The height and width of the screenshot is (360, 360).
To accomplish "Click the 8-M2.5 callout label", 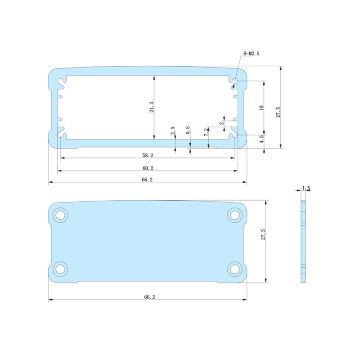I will [x=252, y=54].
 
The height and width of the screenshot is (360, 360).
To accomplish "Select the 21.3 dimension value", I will [x=152, y=107].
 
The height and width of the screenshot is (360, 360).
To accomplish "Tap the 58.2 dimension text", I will [x=148, y=155].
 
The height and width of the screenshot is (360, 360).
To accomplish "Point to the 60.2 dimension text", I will [x=148, y=168].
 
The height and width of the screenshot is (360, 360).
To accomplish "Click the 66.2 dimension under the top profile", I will [x=148, y=180].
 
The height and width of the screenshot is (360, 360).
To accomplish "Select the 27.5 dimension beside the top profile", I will [x=278, y=112].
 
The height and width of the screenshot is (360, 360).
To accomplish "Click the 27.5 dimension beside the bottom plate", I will [x=264, y=236].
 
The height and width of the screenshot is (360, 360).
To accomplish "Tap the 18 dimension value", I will [x=261, y=108].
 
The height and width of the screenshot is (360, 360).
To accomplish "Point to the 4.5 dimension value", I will [x=261, y=139].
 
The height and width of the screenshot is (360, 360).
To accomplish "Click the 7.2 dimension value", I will [x=206, y=132].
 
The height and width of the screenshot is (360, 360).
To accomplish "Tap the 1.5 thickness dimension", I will [x=306, y=188].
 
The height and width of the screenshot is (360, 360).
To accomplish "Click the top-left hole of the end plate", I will [x=59, y=215].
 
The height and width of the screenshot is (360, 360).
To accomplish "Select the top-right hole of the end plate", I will [x=234, y=215].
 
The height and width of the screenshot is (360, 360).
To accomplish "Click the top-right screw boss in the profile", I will [x=234, y=83].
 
